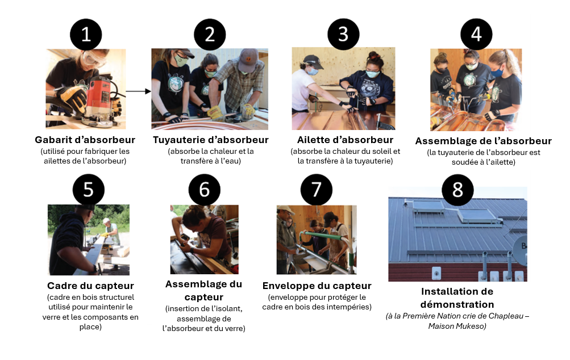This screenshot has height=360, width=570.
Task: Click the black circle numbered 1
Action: (86, 35)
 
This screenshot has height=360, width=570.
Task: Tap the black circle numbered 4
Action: (476, 34)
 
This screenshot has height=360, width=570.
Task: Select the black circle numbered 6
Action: (203, 190)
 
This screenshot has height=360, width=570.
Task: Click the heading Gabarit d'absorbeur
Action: (85, 140)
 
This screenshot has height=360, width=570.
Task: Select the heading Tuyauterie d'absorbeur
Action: (210, 140)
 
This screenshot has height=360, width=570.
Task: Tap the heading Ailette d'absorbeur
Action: (345, 140)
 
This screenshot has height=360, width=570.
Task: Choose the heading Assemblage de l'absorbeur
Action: (483, 141)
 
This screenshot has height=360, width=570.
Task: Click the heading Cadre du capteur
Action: (90, 286)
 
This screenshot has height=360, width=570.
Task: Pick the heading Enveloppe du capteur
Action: (317, 286)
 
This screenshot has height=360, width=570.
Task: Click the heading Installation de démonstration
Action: (457, 298)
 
